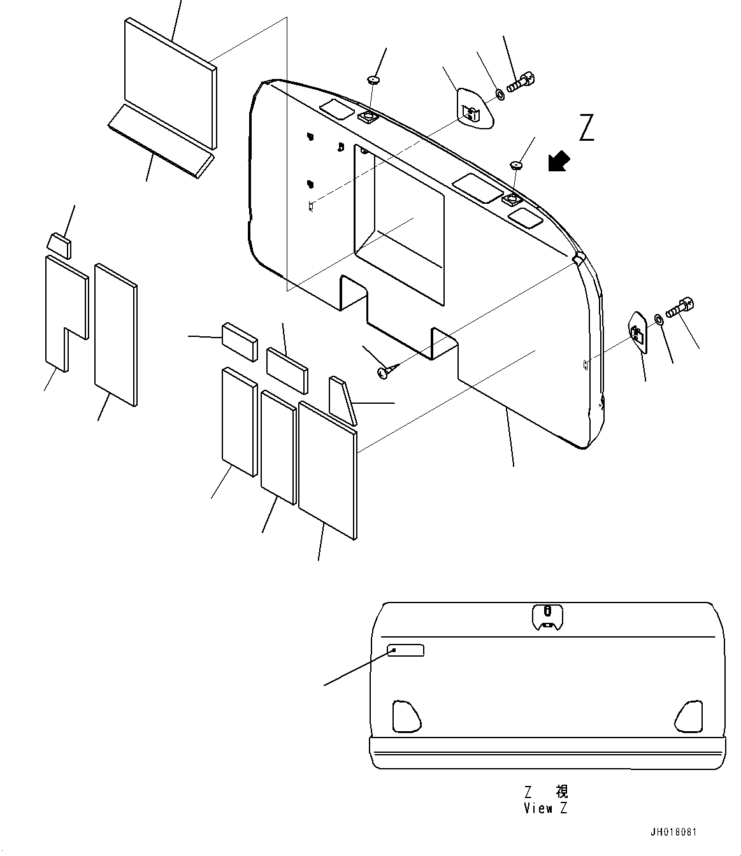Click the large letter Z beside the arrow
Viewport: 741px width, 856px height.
[x=587, y=127]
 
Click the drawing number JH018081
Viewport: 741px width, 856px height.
[x=673, y=832]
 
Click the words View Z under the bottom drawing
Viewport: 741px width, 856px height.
[x=546, y=809]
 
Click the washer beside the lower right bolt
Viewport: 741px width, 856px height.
[x=659, y=318]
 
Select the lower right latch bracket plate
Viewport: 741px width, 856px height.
[x=638, y=331]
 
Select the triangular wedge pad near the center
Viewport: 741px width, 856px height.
[x=342, y=399]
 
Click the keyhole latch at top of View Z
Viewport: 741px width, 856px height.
[x=548, y=616]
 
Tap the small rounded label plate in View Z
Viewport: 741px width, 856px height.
[x=406, y=650]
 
